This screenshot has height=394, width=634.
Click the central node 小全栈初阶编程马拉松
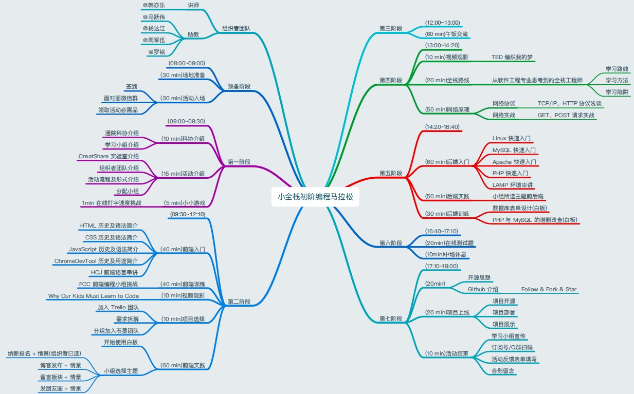315,196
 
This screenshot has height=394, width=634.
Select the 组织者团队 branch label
236,28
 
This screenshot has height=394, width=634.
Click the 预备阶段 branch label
239,86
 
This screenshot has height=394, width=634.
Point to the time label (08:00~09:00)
186,63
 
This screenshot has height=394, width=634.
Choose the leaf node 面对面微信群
121,98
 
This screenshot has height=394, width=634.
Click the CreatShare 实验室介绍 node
108,156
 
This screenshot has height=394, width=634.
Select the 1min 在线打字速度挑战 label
111,203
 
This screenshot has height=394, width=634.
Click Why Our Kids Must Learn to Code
93,296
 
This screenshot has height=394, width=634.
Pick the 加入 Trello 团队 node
118,307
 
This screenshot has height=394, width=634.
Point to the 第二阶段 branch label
239,302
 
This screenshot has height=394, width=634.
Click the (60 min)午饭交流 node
446,34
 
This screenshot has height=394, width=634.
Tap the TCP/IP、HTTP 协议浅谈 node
569,103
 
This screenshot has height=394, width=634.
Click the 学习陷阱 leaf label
617,92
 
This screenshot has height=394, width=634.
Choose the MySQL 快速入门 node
514,150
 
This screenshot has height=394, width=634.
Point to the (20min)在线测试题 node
449,243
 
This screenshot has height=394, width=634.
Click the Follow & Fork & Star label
549,289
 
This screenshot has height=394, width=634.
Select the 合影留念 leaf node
503,370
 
